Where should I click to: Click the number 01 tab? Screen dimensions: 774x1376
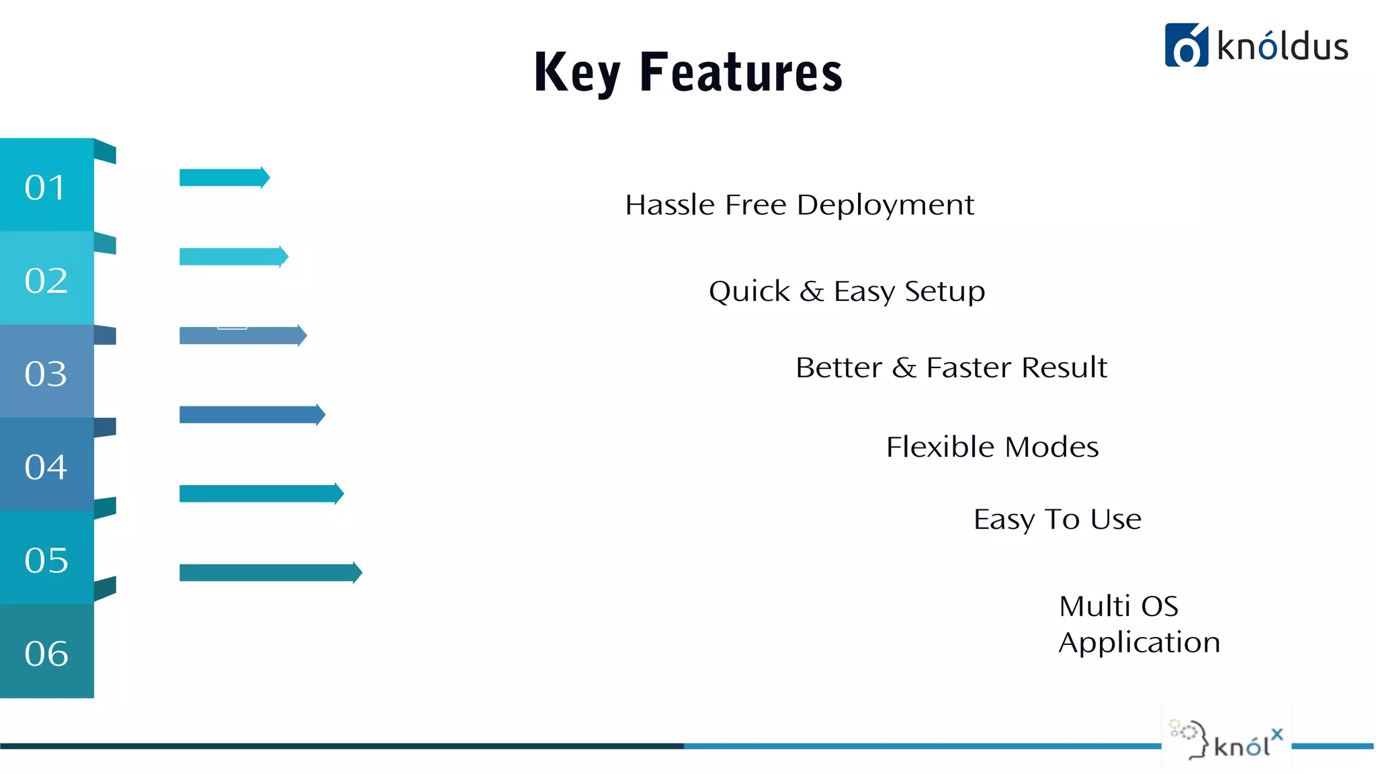tap(46, 186)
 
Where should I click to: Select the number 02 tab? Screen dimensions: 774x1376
tap(46, 279)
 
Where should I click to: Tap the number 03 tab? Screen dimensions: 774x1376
tap(46, 373)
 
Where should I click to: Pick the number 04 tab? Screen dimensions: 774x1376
tap(46, 466)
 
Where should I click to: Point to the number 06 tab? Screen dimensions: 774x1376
tap(46, 652)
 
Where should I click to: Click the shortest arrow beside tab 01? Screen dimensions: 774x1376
tap(224, 177)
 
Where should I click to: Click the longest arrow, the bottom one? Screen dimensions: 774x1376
tap(270, 572)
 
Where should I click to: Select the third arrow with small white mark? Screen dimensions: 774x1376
tap(242, 335)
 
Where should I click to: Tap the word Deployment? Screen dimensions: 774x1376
tap(885, 206)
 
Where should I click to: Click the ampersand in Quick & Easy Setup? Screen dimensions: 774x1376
tap(812, 292)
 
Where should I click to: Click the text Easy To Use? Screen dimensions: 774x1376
tap(1057, 519)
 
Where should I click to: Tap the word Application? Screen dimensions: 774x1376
tap(1139, 643)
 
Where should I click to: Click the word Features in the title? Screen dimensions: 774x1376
tap(741, 72)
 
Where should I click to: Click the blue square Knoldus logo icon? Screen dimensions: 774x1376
tap(1186, 45)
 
